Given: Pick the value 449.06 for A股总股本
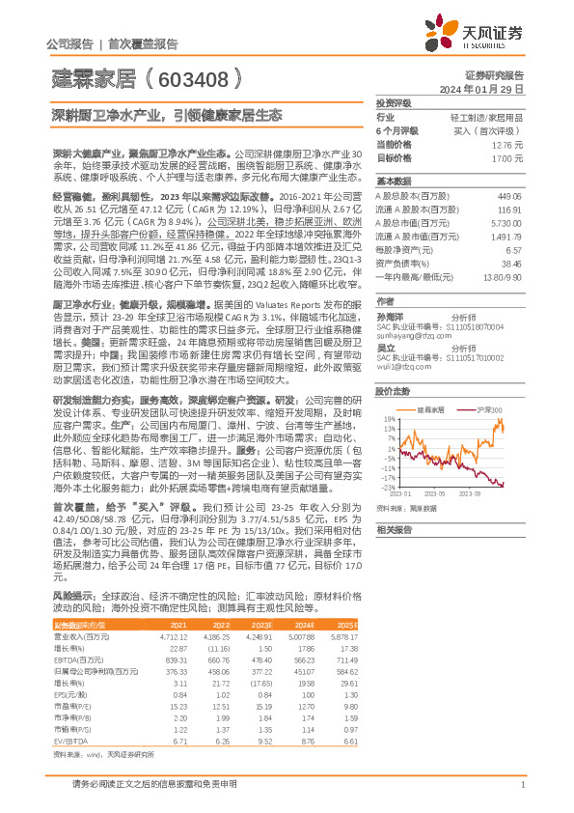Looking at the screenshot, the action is tap(507, 195).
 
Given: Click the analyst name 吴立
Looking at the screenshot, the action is tap(387, 347).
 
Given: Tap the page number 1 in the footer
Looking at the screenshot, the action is tap(522, 783).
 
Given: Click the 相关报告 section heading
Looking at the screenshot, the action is tap(395, 529).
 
